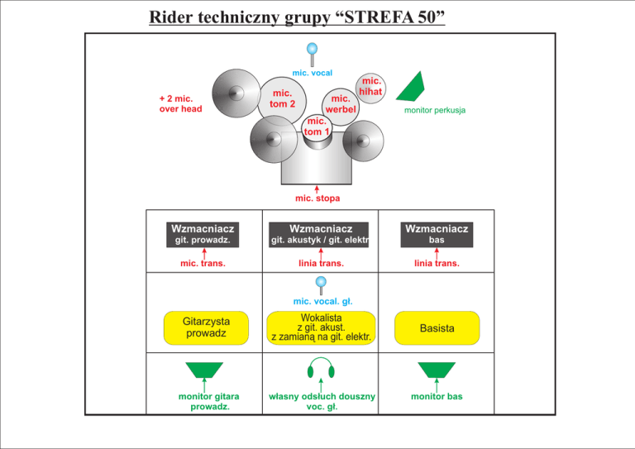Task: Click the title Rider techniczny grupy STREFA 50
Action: (297, 17)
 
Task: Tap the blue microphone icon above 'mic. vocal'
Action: (312, 55)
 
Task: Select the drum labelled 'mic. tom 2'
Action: (282, 101)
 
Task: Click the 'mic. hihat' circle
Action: (370, 88)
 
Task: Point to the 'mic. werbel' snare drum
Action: (341, 107)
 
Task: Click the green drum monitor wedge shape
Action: (411, 88)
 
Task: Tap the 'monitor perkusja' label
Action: (435, 110)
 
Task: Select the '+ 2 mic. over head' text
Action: (180, 103)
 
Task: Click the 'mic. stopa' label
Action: (317, 198)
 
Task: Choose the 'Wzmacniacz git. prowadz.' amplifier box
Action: (203, 234)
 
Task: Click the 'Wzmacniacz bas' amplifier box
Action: (437, 234)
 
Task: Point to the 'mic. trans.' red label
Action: (203, 264)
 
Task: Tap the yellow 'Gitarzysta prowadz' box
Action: (206, 327)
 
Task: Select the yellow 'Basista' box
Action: (437, 328)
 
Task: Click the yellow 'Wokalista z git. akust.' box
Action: (321, 327)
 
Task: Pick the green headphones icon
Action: (321, 367)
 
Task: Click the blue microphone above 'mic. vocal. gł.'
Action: (321, 285)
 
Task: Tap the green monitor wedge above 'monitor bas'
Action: (437, 370)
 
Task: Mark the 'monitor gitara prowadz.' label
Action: (209, 401)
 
